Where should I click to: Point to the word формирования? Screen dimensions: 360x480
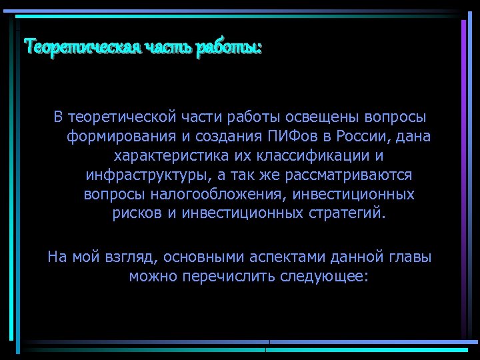117,137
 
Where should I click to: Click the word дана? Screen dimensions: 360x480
414,137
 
